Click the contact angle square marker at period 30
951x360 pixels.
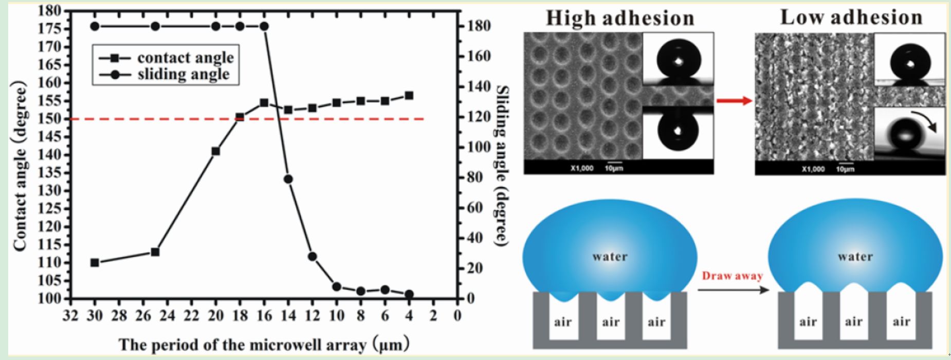pos(95,263)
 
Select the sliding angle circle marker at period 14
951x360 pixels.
pos(288,179)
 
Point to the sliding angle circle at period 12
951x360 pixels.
pos(312,257)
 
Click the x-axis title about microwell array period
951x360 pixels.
pos(264,344)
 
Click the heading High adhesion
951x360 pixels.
pos(619,19)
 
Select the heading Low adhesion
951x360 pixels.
pos(851,17)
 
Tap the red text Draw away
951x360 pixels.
pos(733,276)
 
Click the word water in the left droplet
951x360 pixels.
pos(610,256)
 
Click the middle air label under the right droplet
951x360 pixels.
pos(854,322)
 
